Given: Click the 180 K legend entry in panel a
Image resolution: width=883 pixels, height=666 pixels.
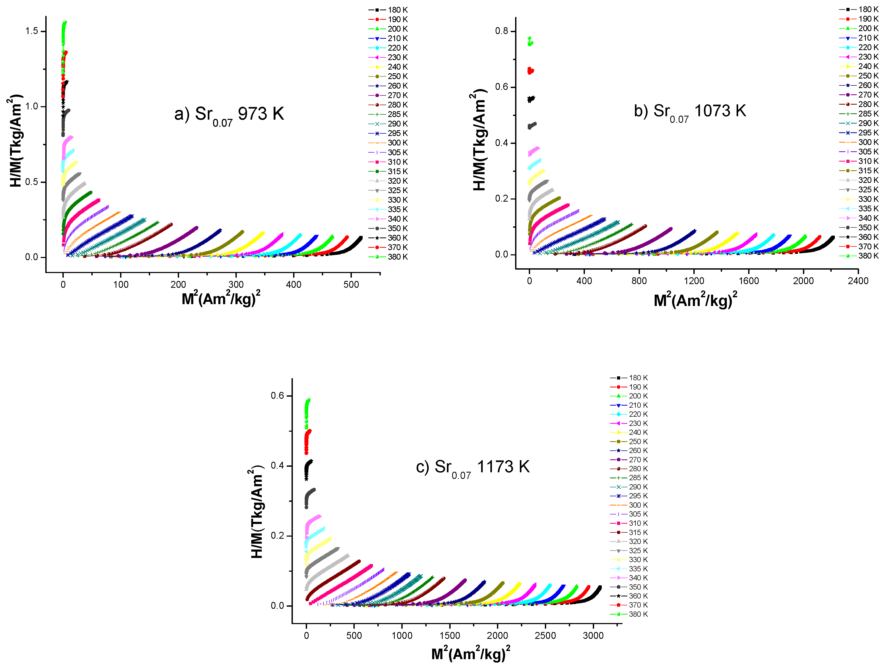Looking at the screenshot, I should pyautogui.click(x=388, y=9).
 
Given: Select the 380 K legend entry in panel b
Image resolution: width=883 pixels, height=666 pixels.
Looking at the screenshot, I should pyautogui.click(x=859, y=256).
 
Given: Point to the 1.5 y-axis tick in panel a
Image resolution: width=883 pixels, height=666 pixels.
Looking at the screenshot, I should pyautogui.click(x=32, y=31).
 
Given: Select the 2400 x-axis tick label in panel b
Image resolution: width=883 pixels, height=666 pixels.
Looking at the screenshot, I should pyautogui.click(x=858, y=281).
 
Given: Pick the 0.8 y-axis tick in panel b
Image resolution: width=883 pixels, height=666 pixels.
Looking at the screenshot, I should pyautogui.click(x=502, y=31).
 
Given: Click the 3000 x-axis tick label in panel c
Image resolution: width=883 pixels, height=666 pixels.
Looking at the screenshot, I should pyautogui.click(x=593, y=636).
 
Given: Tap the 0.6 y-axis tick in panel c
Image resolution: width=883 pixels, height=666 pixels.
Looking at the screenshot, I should pyautogui.click(x=277, y=396).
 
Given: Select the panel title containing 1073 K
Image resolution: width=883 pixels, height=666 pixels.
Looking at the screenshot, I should pyautogui.click(x=690, y=112).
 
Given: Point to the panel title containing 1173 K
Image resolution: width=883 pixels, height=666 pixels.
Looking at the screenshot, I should pyautogui.click(x=473, y=468).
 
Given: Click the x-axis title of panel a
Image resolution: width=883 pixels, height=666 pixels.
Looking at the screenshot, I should pyautogui.click(x=221, y=298).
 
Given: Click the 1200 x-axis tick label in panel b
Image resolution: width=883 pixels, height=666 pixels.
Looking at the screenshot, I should pyautogui.click(x=694, y=281).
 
